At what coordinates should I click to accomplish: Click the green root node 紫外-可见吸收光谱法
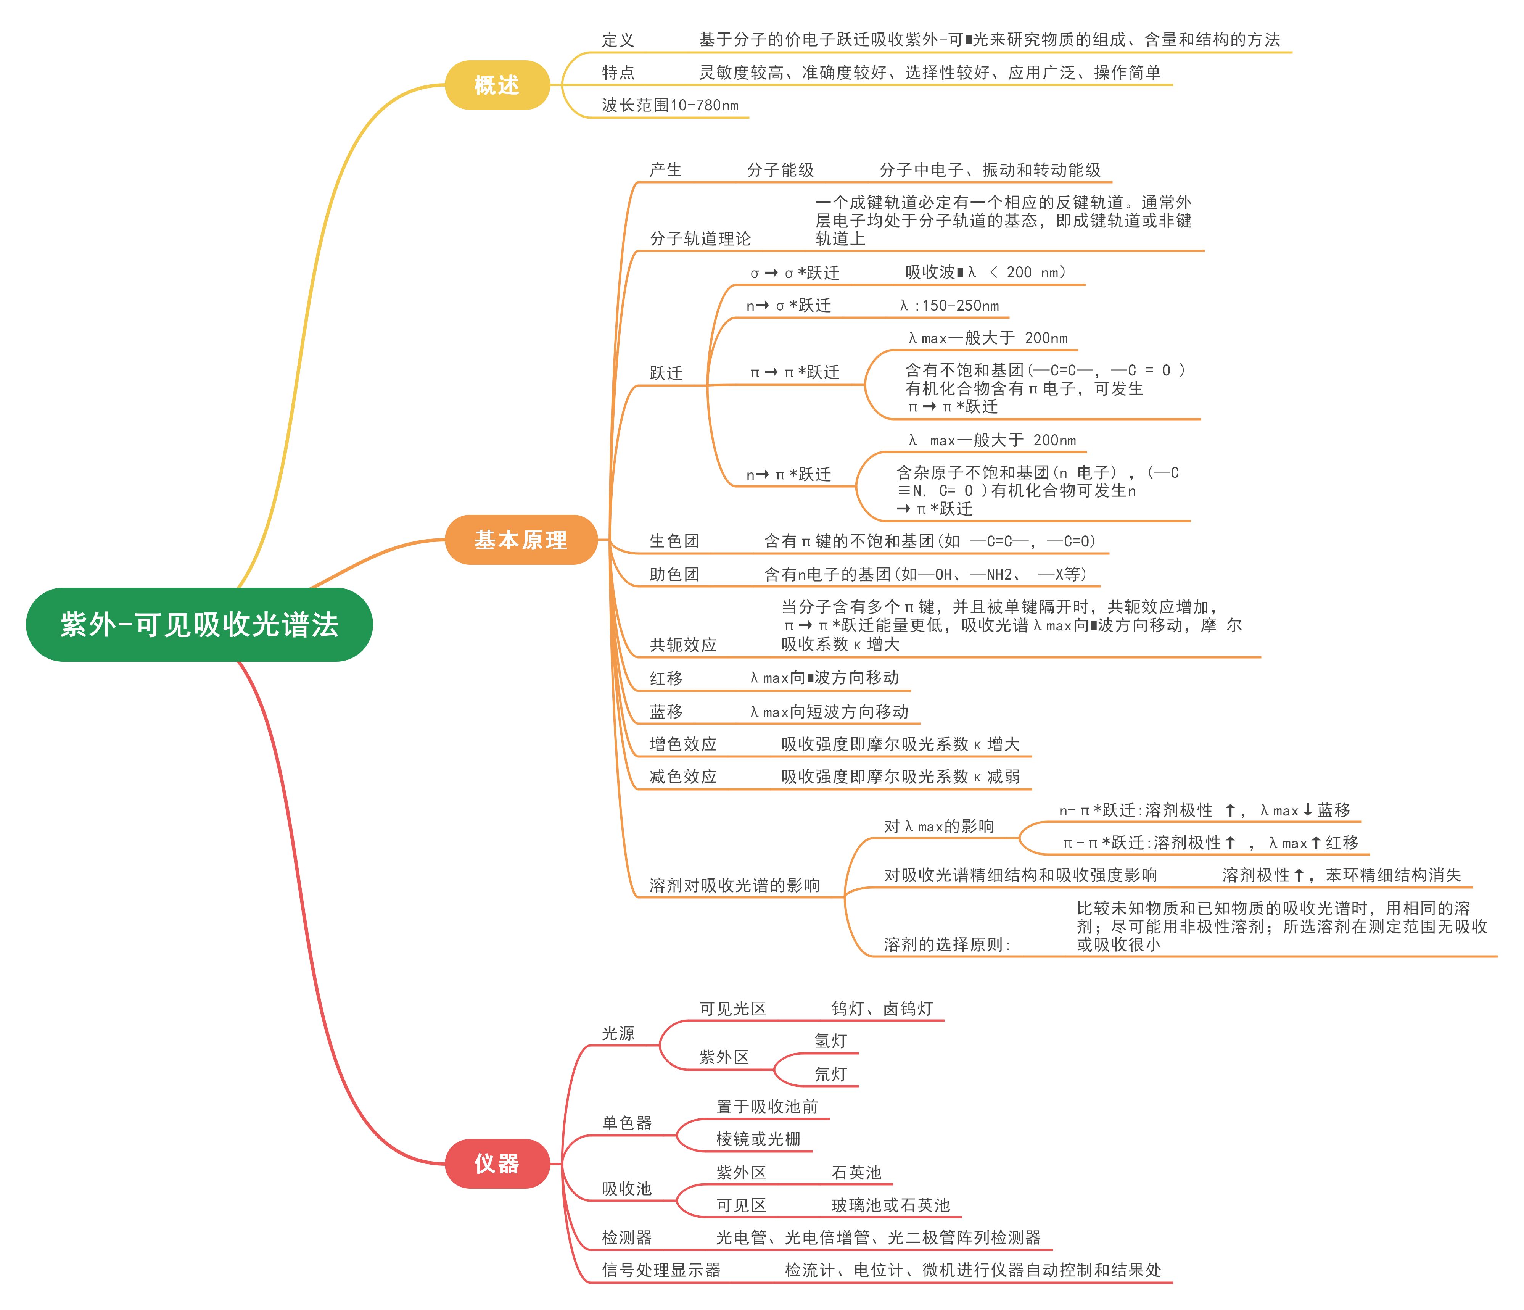pos(199,625)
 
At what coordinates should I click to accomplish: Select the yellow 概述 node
pos(497,85)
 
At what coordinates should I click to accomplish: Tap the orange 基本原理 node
pos(521,540)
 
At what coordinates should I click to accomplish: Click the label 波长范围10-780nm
pos(669,105)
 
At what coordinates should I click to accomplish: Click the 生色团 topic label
pos(674,541)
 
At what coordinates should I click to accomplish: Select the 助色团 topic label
pos(674,574)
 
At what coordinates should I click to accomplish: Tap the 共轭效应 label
pos(682,645)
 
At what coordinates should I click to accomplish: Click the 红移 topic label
pos(666,678)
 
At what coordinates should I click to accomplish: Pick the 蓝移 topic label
pos(666,711)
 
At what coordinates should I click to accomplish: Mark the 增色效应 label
pos(682,744)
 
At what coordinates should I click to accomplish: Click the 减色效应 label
pos(682,777)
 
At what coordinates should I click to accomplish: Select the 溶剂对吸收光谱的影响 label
pos(734,886)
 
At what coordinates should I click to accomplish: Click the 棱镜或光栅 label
pos(758,1139)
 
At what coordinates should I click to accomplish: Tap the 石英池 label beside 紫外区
pos(856,1173)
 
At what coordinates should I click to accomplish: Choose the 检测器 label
pos(627,1238)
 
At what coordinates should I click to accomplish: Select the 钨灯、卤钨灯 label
pos(882,1009)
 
